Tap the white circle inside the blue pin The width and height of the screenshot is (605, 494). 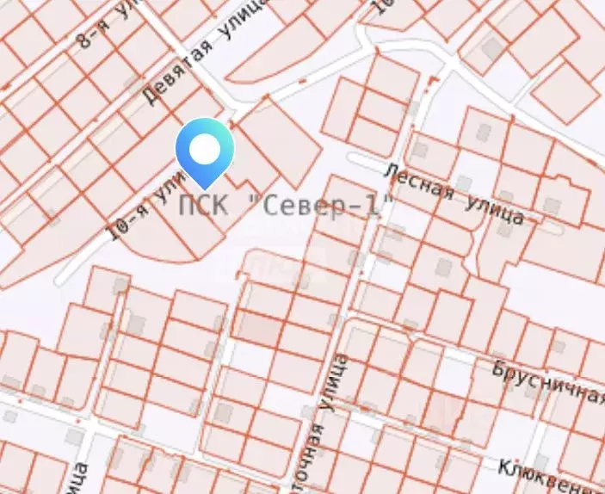[x=205, y=150]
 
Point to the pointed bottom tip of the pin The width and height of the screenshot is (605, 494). [x=205, y=188]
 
